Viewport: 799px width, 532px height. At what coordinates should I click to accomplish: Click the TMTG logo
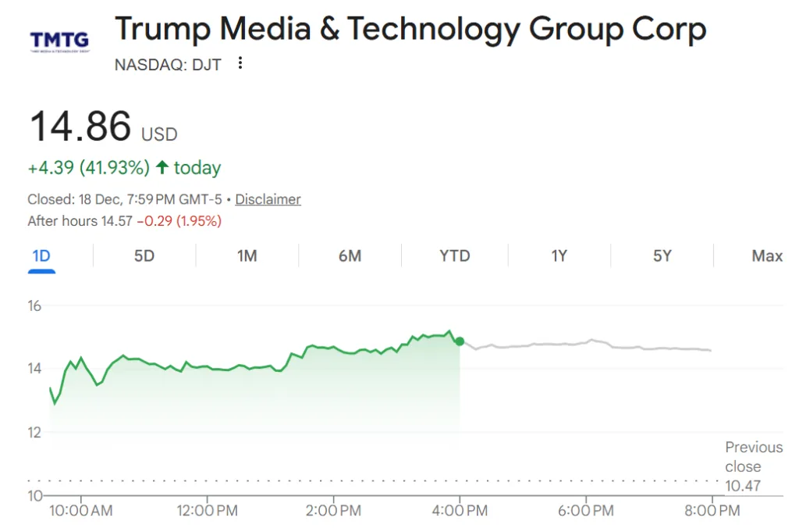coord(59,40)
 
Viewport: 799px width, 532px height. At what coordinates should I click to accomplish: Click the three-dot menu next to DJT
coord(240,63)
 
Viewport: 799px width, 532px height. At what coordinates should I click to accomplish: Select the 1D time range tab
coord(41,255)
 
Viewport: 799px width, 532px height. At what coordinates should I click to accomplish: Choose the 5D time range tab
coord(144,255)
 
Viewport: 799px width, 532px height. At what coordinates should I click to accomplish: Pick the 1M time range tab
coord(247,255)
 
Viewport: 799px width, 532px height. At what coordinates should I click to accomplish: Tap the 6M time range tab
coord(350,255)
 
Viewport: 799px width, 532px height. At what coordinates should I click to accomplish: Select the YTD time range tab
coord(455,255)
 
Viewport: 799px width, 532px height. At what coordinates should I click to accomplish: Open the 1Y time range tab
coord(559,255)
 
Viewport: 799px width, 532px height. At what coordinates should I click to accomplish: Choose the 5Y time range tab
coord(662,255)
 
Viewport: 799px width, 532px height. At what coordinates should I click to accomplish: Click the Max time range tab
coord(767,255)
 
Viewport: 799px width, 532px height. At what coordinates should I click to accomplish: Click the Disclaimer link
coord(268,199)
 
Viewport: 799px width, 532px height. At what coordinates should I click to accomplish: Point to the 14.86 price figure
coord(80,127)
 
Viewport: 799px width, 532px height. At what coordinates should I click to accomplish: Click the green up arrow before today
coord(162,167)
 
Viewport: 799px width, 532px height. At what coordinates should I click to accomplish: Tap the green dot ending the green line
coord(460,341)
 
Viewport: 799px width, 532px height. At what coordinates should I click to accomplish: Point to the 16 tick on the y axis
coord(34,305)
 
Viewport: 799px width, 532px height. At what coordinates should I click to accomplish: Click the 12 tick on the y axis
coord(34,432)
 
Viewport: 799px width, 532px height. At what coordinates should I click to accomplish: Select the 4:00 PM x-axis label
coord(460,511)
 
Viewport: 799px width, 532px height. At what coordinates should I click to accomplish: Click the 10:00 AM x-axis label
coord(81,511)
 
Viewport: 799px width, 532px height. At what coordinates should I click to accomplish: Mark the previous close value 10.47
coord(743,486)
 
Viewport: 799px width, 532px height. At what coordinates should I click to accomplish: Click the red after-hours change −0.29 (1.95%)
coord(179,221)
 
